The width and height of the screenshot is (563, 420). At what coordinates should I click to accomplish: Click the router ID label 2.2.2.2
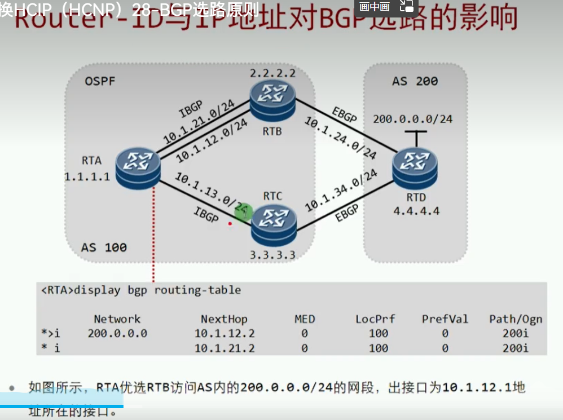(x=273, y=74)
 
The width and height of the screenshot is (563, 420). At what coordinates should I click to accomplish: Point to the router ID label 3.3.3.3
(x=273, y=254)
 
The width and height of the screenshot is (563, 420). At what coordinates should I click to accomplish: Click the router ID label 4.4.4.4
(x=416, y=211)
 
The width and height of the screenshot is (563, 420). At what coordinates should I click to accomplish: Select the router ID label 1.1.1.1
(x=87, y=176)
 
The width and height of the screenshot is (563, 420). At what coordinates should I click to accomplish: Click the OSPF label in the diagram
(x=100, y=82)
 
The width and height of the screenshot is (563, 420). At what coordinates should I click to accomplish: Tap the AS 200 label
(x=415, y=81)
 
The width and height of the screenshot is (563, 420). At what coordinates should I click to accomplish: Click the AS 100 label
(x=104, y=247)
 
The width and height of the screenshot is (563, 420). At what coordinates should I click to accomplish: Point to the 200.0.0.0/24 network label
(x=413, y=119)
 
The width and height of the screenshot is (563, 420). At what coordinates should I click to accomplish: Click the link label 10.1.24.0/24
(x=341, y=138)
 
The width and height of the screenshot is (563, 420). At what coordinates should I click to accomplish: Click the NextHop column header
(x=224, y=319)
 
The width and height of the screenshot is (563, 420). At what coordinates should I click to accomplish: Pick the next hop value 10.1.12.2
(x=224, y=333)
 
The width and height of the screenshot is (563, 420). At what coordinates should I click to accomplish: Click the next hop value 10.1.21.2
(x=224, y=348)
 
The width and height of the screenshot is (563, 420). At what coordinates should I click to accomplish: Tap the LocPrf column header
(x=375, y=319)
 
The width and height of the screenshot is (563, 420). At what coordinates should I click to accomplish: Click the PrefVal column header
(x=445, y=319)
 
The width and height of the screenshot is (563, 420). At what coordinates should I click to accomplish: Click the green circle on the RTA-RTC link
(x=244, y=213)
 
